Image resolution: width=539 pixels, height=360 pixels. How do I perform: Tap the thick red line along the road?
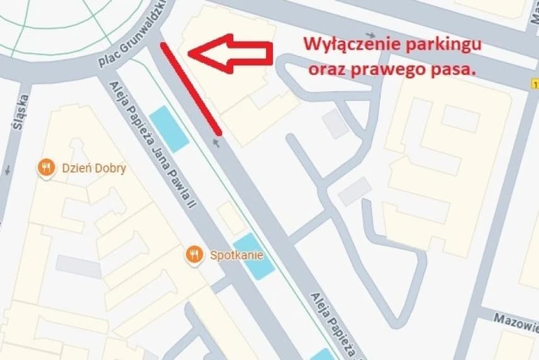[x=191, y=89]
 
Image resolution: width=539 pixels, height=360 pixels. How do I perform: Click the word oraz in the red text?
[x=325, y=70]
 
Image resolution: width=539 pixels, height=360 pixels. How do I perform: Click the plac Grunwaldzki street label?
[x=131, y=40]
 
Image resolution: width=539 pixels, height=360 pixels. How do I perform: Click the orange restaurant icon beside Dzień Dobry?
[x=45, y=167]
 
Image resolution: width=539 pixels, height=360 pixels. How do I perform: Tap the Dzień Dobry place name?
[x=93, y=168]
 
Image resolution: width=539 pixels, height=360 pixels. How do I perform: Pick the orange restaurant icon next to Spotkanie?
[x=195, y=255]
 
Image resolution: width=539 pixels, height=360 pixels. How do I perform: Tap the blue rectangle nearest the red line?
[x=169, y=128]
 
